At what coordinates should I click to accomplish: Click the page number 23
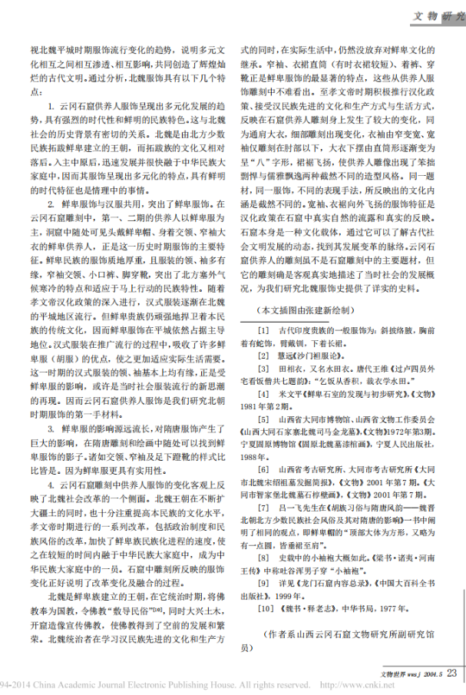point(451,672)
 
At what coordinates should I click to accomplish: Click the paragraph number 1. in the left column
point(51,103)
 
